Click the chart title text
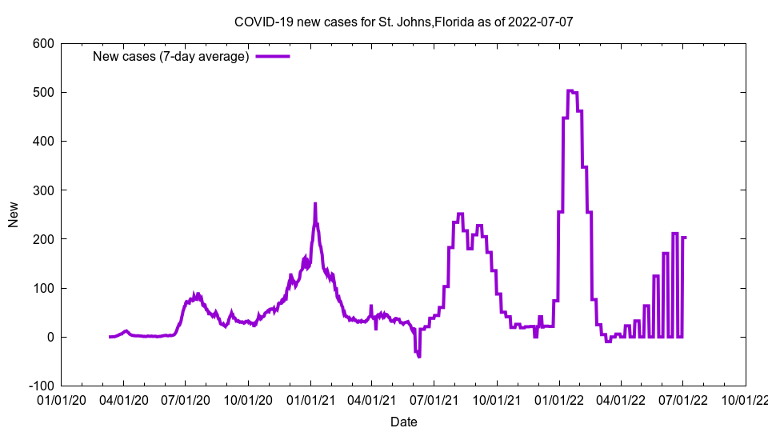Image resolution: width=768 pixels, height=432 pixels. (403, 22)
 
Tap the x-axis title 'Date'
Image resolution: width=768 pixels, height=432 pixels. (403, 422)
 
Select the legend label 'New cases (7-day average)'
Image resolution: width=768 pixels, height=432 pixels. (171, 56)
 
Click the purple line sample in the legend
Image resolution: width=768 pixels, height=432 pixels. (272, 56)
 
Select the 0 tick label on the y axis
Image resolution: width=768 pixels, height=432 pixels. (49, 338)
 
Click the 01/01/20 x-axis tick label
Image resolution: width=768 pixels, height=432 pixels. (61, 399)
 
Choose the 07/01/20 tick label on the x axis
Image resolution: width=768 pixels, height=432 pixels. (185, 399)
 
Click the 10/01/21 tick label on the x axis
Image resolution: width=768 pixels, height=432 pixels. (496, 399)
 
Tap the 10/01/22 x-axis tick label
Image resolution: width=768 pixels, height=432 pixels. (745, 399)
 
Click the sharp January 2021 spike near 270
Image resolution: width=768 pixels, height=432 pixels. (315, 203)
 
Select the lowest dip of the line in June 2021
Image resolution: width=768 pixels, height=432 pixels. (419, 356)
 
